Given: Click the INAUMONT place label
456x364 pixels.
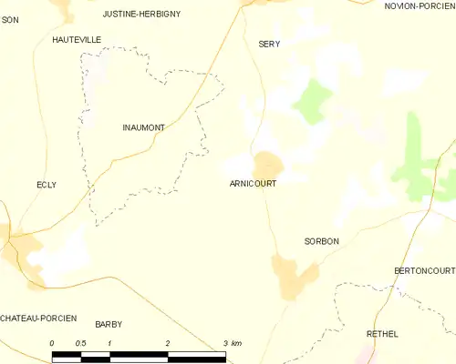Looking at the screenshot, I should click(143, 128).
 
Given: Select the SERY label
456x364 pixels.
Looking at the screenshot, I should click(269, 44).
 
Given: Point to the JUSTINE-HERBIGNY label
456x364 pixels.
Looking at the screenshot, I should click(141, 15).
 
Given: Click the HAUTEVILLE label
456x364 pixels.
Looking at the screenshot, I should click(77, 40).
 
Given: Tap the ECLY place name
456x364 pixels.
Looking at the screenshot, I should click(46, 185).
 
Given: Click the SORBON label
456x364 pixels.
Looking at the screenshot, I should click(321, 241).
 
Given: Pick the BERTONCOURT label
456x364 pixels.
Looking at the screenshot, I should click(424, 271).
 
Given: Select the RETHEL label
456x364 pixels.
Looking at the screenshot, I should click(382, 334).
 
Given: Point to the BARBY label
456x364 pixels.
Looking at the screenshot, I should click(108, 324).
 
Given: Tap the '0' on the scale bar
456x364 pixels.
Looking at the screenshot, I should click(52, 343).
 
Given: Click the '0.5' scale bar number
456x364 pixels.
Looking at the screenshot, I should click(80, 343).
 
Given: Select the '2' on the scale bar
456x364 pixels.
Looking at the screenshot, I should click(168, 343).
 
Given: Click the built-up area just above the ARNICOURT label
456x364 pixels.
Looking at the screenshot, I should click(268, 165).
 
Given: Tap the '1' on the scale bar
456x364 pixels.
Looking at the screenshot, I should click(109, 343).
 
